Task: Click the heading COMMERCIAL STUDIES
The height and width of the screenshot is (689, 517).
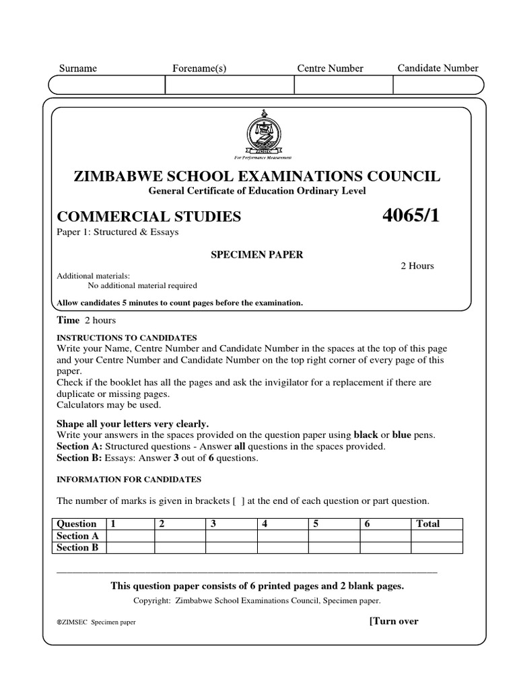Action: tap(149, 217)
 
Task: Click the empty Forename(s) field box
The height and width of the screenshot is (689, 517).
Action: tap(230, 85)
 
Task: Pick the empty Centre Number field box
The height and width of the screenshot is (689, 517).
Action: tap(343, 85)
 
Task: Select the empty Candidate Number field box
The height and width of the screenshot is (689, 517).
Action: tap(437, 85)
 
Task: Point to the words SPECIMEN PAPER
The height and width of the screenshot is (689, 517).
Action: tap(258, 254)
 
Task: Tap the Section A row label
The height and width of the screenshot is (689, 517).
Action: tap(77, 536)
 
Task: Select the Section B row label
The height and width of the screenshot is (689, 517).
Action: tap(77, 548)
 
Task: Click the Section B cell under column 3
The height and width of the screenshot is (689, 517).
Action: tap(231, 548)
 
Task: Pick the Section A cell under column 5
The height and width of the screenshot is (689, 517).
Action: tap(333, 536)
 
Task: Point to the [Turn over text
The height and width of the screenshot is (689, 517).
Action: tap(394, 621)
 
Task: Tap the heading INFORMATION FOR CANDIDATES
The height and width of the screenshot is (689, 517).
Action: tap(129, 479)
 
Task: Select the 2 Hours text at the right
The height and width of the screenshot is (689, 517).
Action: tap(417, 266)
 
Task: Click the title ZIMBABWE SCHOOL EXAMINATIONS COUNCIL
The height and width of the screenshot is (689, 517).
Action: tap(258, 176)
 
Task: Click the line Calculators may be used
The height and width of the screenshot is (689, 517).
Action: tap(109, 405)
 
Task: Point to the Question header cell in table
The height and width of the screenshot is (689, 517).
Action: tap(77, 523)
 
